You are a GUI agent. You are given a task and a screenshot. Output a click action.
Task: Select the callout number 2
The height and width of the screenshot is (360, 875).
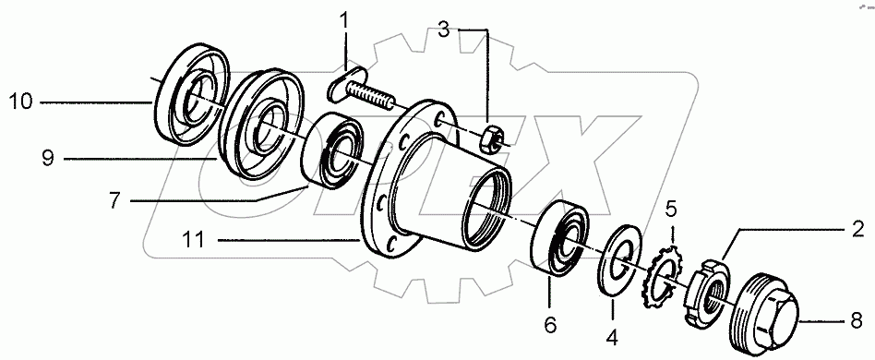[857, 226]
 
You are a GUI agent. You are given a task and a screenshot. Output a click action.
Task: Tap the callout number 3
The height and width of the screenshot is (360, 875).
[446, 30]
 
